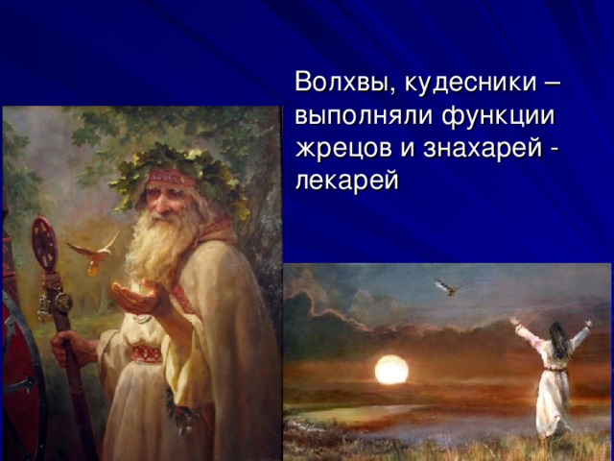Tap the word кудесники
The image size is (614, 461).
tap(471, 83)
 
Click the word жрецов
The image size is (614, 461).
tap(343, 149)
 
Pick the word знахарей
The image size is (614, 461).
tap(483, 149)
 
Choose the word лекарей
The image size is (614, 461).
tap(347, 181)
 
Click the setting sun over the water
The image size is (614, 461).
tap(391, 369)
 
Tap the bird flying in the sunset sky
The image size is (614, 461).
tap(451, 287)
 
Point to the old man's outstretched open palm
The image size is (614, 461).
tap(138, 295)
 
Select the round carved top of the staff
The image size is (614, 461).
tap(44, 243)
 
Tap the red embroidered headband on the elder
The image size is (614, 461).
tap(171, 177)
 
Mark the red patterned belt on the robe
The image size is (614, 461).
tap(146, 354)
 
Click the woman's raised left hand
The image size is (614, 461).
tap(513, 320)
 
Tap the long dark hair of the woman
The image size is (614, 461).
tap(560, 341)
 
